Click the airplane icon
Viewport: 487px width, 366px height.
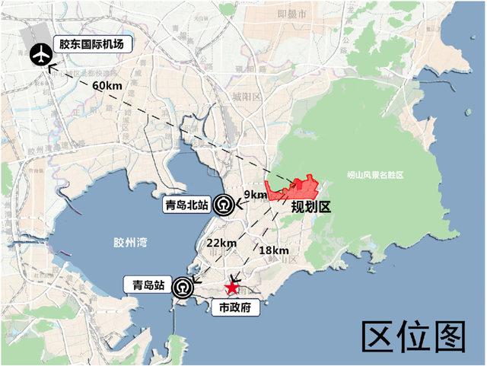[40, 55]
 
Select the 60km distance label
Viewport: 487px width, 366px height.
[107, 86]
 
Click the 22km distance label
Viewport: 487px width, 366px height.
[220, 242]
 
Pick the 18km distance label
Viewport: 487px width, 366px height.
[273, 250]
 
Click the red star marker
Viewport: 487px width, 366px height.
[232, 288]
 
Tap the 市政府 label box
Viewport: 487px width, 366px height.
[235, 307]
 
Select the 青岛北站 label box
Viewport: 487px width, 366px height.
[186, 205]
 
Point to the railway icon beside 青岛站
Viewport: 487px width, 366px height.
[183, 288]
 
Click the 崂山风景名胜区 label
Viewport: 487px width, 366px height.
[374, 175]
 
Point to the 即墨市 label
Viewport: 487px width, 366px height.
[293, 14]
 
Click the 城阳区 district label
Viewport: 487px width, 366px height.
[247, 97]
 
